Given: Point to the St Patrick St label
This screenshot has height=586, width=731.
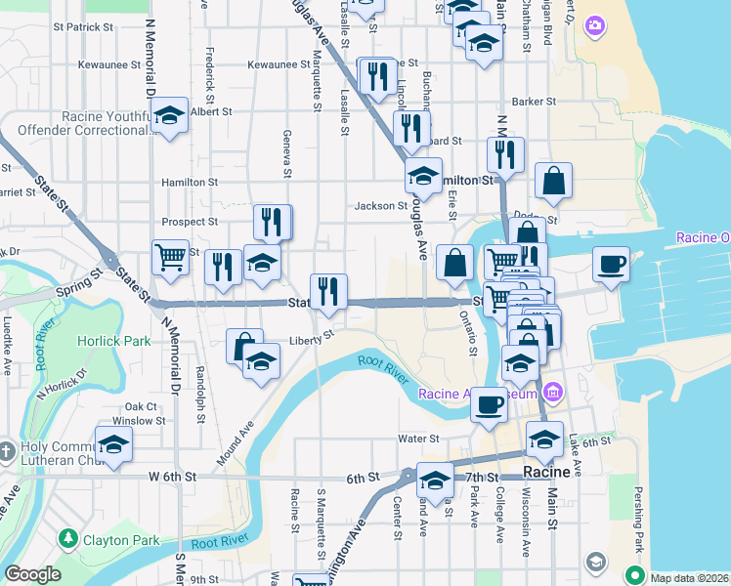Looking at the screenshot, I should (78, 26).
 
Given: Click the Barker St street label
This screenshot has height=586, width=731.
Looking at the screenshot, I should (534, 101).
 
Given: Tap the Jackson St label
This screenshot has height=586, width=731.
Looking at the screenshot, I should (381, 206).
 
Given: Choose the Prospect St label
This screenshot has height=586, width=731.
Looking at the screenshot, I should (191, 222).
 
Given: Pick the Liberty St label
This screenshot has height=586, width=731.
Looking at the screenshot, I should (312, 341).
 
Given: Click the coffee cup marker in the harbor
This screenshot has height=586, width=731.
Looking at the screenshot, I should (612, 264).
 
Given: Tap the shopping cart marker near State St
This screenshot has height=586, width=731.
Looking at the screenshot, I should (171, 258).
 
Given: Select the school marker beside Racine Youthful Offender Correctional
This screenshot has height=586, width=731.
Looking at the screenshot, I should (170, 117).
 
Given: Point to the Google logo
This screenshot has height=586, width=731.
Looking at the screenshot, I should (32, 575).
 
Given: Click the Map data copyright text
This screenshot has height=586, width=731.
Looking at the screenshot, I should (688, 576).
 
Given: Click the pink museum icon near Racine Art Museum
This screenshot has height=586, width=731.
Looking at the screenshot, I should (553, 394).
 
